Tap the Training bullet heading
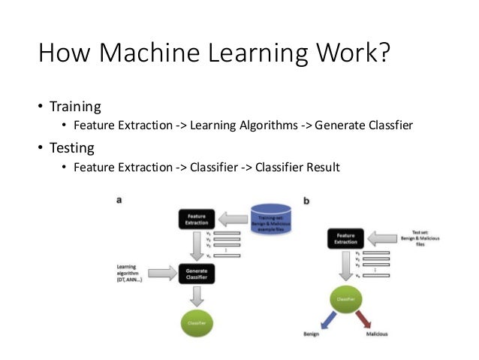75,106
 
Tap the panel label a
118,200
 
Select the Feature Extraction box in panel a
197,219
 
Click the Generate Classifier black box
196,272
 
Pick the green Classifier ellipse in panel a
196,322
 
